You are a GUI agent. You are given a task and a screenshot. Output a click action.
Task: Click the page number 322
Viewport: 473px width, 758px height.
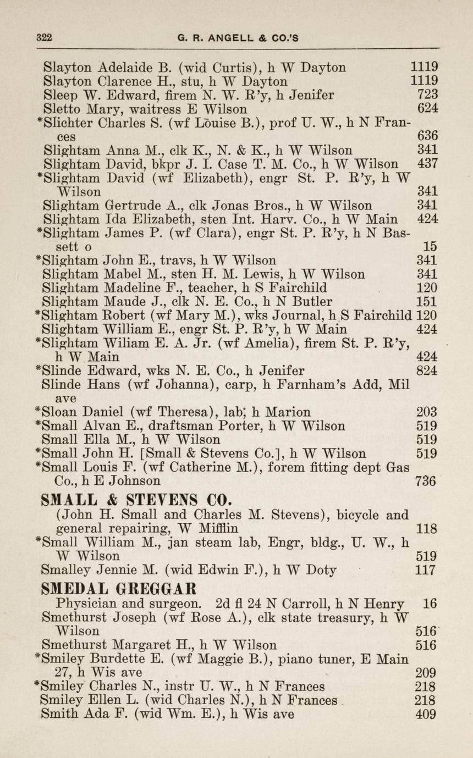[44, 38]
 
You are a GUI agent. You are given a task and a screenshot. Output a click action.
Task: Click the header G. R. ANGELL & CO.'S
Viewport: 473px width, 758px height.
[238, 38]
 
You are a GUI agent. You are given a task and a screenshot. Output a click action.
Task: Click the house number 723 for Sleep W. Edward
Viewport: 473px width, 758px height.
[427, 95]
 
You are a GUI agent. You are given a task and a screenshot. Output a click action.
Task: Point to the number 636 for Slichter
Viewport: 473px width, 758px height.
[427, 136]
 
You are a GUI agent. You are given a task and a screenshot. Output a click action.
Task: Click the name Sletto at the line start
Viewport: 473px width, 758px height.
[58, 109]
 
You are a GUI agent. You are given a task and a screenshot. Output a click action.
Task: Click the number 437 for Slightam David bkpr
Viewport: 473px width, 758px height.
[427, 164]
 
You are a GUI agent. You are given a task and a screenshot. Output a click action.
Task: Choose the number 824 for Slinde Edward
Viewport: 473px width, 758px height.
[427, 371]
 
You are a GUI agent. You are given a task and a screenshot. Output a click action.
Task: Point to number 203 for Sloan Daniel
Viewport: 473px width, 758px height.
[427, 412]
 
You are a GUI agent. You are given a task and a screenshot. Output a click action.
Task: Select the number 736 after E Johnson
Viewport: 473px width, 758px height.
[427, 482]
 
